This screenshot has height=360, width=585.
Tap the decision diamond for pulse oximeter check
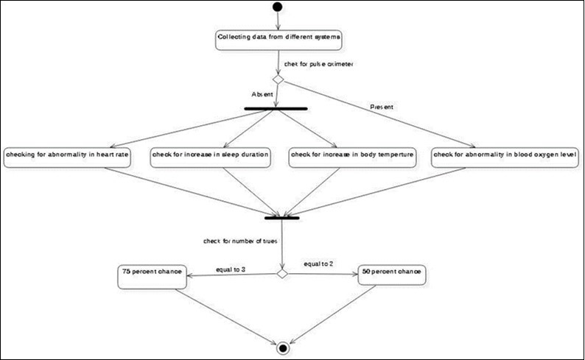pyautogui.click(x=279, y=79)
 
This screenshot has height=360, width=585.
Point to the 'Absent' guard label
pyautogui.click(x=263, y=95)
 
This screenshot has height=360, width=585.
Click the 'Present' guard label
pyautogui.click(x=381, y=107)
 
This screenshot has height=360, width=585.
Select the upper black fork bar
pyautogui.click(x=276, y=109)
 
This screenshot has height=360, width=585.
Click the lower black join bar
pyautogui.click(x=281, y=217)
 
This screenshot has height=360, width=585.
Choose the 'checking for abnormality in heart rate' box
pyautogui.click(x=68, y=157)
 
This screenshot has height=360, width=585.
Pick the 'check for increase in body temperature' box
pyautogui.click(x=352, y=157)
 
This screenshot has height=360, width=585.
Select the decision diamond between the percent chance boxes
pyautogui.click(x=281, y=274)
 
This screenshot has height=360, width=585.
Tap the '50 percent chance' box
pyautogui.click(x=390, y=274)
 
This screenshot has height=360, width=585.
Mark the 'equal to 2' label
pyautogui.click(x=318, y=263)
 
